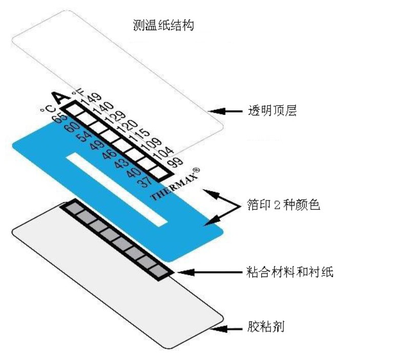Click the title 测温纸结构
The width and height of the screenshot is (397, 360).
(163, 25)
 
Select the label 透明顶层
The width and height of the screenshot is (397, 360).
(272, 111)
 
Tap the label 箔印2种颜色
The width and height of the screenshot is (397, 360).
(283, 205)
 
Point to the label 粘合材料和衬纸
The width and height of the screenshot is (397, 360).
(289, 272)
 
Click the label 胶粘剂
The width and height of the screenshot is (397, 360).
(265, 327)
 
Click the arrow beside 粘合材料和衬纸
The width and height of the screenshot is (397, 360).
(210, 272)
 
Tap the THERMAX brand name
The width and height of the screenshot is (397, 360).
(174, 185)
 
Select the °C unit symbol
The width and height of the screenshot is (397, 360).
(48, 109)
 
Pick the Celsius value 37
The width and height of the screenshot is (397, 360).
(145, 182)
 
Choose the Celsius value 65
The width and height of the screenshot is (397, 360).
(60, 117)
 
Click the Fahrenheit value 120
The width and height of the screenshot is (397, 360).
(128, 126)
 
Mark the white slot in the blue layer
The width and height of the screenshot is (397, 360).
(117, 189)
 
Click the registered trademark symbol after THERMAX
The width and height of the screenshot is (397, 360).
(196, 170)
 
